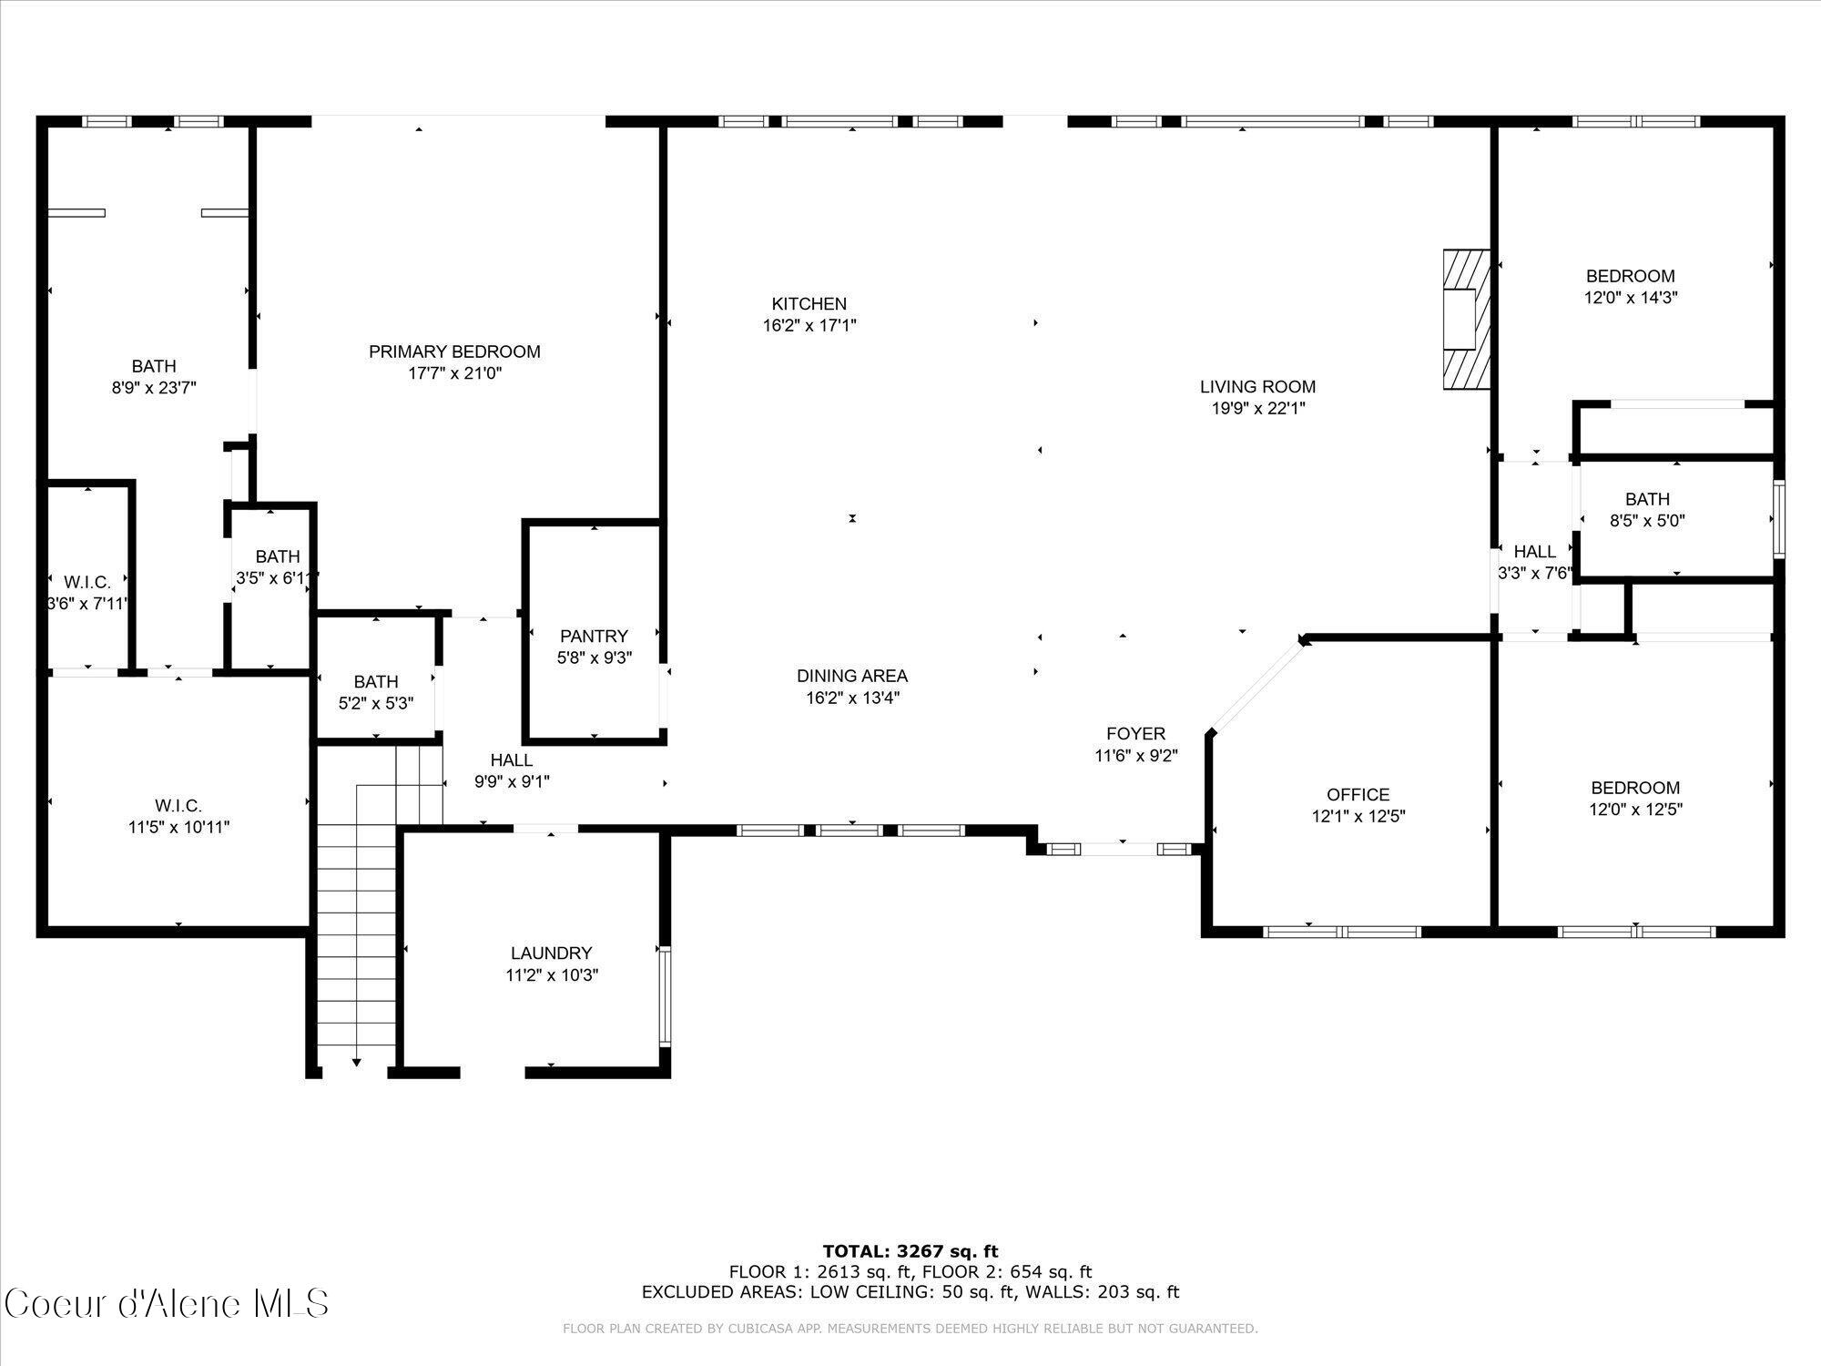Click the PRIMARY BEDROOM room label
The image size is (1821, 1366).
click(x=454, y=352)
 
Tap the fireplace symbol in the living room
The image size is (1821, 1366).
click(x=1466, y=320)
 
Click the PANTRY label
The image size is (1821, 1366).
click(x=594, y=636)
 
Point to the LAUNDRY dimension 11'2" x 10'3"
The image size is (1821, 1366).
click(x=552, y=975)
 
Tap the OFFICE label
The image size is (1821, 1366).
click(x=1358, y=795)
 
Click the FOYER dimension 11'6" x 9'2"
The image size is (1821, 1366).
click(x=1136, y=755)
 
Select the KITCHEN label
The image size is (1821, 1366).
click(x=809, y=304)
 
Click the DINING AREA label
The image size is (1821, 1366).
click(x=851, y=676)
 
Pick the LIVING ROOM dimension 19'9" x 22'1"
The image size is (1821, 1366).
click(x=1257, y=409)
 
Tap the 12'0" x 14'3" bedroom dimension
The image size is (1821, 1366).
click(x=1630, y=297)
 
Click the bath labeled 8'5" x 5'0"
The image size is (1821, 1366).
click(x=1647, y=499)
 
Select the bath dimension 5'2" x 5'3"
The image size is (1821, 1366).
click(x=375, y=703)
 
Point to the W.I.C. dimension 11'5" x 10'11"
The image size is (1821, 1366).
click(x=178, y=827)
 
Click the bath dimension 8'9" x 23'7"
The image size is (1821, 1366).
click(x=154, y=388)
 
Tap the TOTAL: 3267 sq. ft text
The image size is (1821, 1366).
click(x=910, y=1251)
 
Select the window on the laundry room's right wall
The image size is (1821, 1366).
click(x=665, y=995)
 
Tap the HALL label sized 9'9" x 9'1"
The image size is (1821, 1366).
click(x=511, y=760)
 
